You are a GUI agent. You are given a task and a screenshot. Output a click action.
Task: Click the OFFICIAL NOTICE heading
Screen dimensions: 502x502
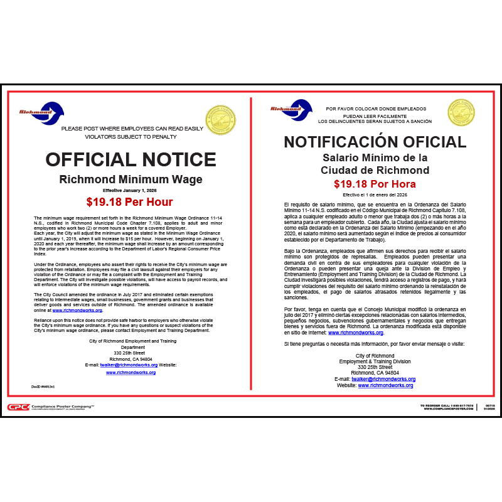pos(131,159)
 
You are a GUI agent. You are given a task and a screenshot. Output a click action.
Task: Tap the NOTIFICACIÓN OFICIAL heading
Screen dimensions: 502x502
pos(375,142)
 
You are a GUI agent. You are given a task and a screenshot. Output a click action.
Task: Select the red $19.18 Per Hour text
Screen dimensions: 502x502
pos(130,201)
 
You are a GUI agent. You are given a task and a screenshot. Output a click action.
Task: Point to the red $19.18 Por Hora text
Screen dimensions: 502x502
pos(375,184)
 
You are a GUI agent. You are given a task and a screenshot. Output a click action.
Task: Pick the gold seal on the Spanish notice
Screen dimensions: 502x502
pos(461,113)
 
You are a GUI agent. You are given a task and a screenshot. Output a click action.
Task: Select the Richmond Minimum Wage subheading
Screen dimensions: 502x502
pos(131,179)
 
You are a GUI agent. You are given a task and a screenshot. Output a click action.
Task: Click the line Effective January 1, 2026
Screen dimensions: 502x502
pos(131,190)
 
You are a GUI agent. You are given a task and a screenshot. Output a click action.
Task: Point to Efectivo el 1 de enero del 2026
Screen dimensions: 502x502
pos(375,195)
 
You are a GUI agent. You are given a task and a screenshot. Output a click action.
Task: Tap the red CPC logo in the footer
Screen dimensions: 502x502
pos(18,407)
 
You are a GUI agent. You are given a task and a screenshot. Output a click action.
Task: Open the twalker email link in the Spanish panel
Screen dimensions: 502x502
pos(383,379)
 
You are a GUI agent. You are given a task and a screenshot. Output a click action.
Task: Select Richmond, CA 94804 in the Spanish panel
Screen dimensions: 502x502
pos(375,373)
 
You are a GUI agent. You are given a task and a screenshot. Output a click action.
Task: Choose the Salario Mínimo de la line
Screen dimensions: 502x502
pos(375,158)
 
